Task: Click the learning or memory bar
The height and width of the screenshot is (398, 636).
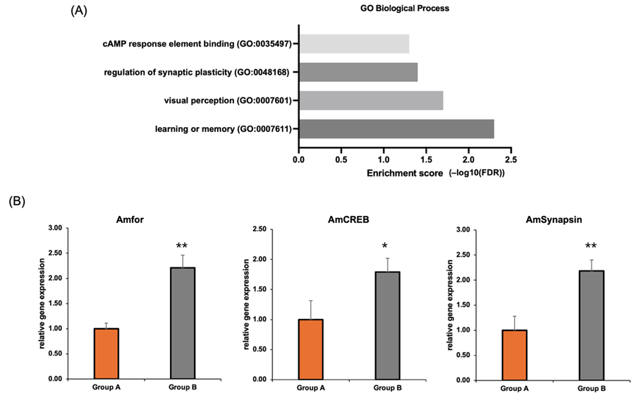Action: click(x=396, y=128)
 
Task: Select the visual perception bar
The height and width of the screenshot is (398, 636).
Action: click(x=370, y=101)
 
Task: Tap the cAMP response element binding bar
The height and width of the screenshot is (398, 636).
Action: click(x=353, y=44)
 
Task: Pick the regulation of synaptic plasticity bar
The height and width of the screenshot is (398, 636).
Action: click(x=357, y=72)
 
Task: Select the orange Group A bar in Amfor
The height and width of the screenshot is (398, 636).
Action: click(x=107, y=353)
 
